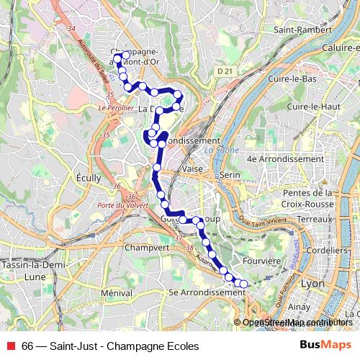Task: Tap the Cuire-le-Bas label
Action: (292, 78)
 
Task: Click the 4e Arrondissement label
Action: (285, 158)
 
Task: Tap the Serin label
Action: (230, 175)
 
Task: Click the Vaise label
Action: (192, 168)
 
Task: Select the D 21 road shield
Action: (225, 71)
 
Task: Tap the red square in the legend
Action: (9, 346)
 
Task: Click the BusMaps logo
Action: (327, 346)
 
